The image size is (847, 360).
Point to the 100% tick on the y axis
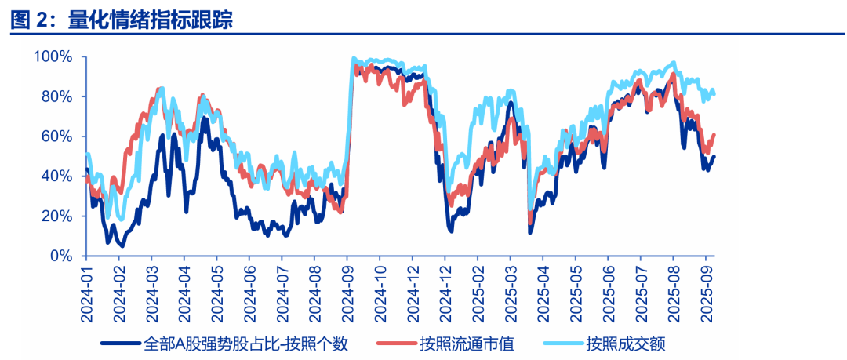click(54, 56)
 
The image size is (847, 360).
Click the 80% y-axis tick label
click(57, 96)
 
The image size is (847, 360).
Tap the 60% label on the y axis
click(57, 136)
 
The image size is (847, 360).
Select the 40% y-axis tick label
click(57, 176)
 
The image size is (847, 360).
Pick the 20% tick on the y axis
click(57, 216)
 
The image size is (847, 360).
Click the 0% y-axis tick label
click(61, 256)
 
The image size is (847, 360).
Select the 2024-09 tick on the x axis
click(346, 293)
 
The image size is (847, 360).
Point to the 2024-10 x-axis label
click(379, 293)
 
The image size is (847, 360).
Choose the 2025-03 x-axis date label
click(509, 293)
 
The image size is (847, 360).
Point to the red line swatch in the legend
click(396, 344)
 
